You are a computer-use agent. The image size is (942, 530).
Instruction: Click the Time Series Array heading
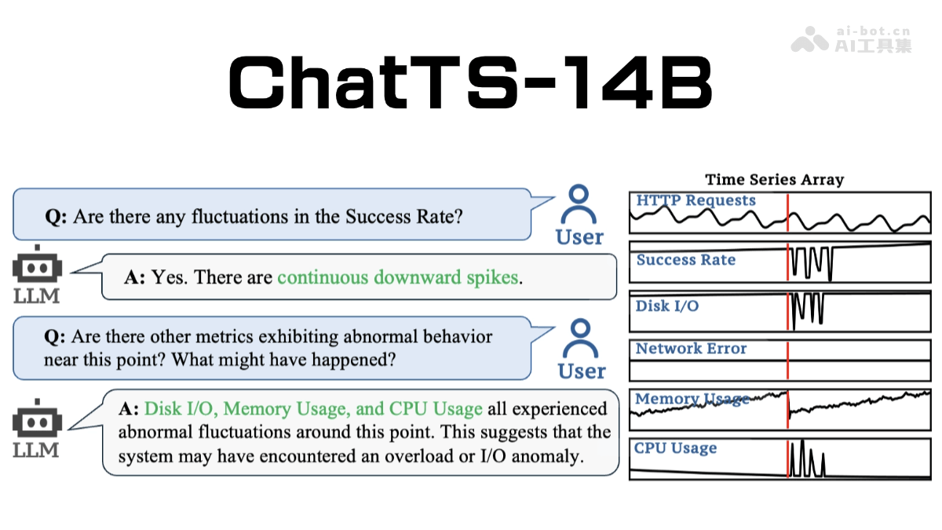pyautogui.click(x=774, y=180)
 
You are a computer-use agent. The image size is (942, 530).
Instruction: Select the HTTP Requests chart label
pyautogui.click(x=696, y=201)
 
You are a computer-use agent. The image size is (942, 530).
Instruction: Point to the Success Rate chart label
pyautogui.click(x=685, y=261)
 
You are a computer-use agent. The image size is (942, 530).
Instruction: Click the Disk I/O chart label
pyautogui.click(x=666, y=306)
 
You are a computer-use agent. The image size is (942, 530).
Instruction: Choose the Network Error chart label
pyautogui.click(x=691, y=349)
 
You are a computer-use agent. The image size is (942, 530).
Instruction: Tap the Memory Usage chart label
pyautogui.click(x=692, y=400)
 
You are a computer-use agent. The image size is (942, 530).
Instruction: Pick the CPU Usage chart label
pyautogui.click(x=675, y=448)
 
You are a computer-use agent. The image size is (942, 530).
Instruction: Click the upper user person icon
pyautogui.click(x=579, y=205)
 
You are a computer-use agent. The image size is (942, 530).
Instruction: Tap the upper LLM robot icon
pyautogui.click(x=37, y=268)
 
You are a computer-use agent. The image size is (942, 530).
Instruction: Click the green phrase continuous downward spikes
pyautogui.click(x=398, y=277)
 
